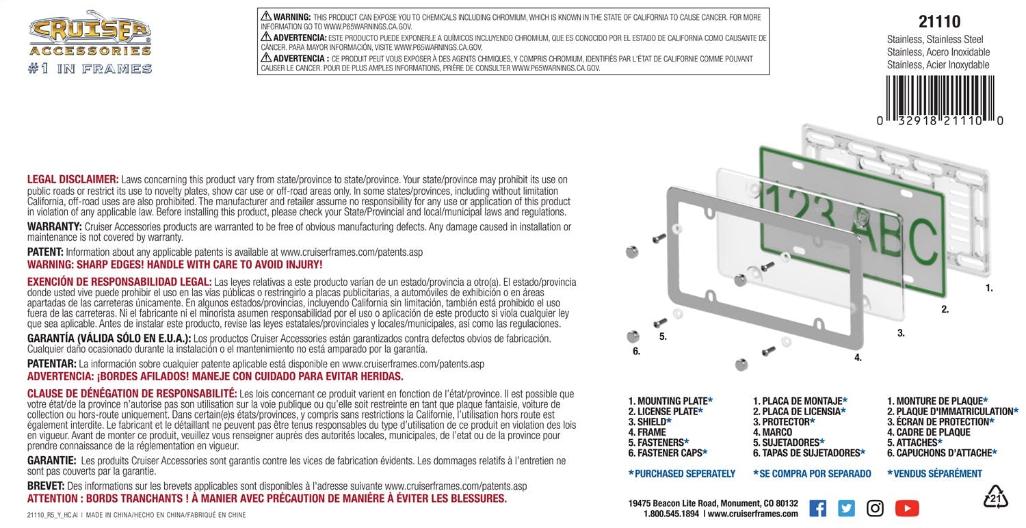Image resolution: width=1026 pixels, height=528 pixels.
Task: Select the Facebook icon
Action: pyautogui.click(x=817, y=508)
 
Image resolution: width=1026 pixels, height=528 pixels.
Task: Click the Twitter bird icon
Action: pyautogui.click(x=846, y=508)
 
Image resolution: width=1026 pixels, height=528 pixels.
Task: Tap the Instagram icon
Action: pyautogui.click(x=876, y=508)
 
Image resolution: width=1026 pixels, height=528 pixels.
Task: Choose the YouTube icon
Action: pyautogui.click(x=907, y=508)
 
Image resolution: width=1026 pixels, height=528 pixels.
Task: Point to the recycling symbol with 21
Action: pyautogui.click(x=996, y=497)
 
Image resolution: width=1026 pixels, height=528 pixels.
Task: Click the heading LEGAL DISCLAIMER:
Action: pyautogui.click(x=73, y=179)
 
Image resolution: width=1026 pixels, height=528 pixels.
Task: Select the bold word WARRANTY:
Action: pyautogui.click(x=53, y=226)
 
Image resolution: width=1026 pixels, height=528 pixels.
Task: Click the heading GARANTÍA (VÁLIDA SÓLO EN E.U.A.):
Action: pyautogui.click(x=109, y=339)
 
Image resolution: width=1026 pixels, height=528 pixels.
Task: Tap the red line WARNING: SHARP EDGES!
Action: pyautogui.click(x=174, y=263)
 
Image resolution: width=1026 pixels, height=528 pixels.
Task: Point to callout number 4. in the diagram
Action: pyautogui.click(x=857, y=358)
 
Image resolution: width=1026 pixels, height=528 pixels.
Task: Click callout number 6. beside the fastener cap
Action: pyautogui.click(x=636, y=352)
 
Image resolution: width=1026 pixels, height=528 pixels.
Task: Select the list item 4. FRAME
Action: pyautogui.click(x=647, y=432)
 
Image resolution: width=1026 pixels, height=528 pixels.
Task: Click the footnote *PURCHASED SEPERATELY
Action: pyautogui.click(x=681, y=473)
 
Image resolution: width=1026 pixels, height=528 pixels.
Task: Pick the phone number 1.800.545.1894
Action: pyautogui.click(x=671, y=514)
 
